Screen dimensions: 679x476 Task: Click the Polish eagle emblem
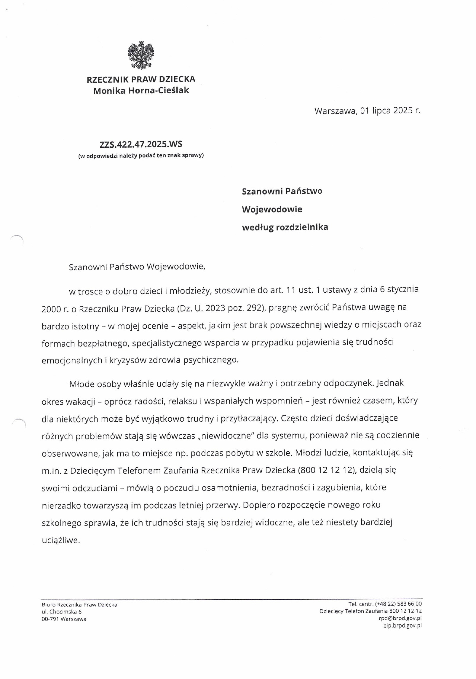[x=141, y=55]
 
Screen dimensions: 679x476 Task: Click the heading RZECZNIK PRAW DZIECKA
[x=141, y=79]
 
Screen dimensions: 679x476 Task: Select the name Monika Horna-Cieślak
[x=141, y=90]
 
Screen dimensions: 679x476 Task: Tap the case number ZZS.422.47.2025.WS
[x=141, y=144]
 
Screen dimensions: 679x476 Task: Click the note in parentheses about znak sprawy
[x=141, y=155]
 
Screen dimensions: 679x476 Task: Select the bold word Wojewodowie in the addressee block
[x=272, y=209]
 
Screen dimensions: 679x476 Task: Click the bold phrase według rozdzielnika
[x=285, y=227]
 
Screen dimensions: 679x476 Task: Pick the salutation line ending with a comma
[x=137, y=267]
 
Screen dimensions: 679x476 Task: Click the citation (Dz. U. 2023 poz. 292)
[x=221, y=308]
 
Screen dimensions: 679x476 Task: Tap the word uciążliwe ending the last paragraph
[x=61, y=540]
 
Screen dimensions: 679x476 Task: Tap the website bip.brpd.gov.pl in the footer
[x=402, y=626]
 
